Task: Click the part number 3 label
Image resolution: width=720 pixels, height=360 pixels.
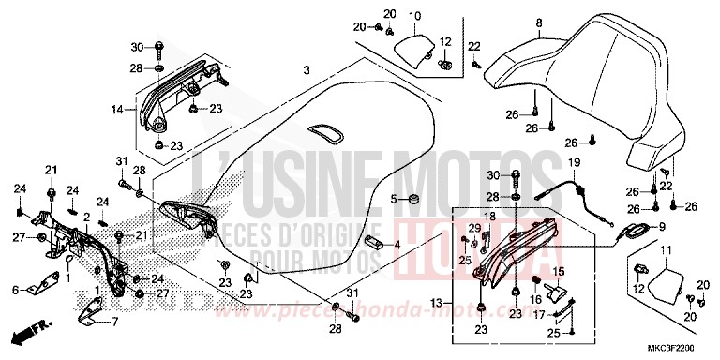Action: tap(305, 71)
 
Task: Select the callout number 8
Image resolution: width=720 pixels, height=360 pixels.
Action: tap(539, 22)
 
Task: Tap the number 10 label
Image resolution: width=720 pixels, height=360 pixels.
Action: tap(415, 15)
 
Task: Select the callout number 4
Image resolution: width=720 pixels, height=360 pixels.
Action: tap(397, 246)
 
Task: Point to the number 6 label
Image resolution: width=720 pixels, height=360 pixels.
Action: tap(14, 291)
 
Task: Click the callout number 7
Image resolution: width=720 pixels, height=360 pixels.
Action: tap(116, 322)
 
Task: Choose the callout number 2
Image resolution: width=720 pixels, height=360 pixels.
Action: tap(86, 217)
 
